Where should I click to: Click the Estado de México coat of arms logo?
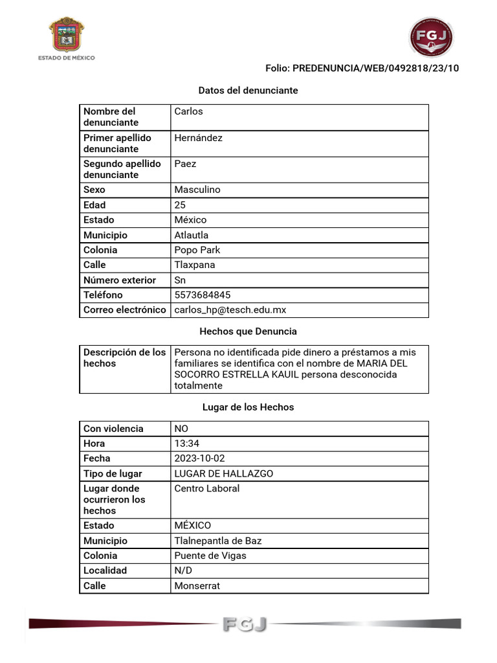click(66, 36)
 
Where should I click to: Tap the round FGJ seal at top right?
click(431, 38)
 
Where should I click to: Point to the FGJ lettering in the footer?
click(245, 624)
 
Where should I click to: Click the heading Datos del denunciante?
click(248, 91)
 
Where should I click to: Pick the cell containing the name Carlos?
click(188, 111)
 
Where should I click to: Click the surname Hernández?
click(198, 138)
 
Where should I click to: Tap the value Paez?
click(185, 164)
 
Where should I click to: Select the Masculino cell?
click(197, 190)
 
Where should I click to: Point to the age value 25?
click(180, 205)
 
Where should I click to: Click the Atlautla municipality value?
click(192, 235)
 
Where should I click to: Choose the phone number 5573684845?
click(203, 295)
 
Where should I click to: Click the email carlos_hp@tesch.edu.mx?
click(230, 310)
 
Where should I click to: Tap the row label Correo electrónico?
click(124, 310)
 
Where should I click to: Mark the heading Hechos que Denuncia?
click(248, 331)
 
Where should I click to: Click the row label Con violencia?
click(113, 429)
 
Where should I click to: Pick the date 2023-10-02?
click(200, 458)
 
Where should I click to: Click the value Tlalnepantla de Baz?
click(218, 541)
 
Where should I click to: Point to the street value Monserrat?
click(197, 586)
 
